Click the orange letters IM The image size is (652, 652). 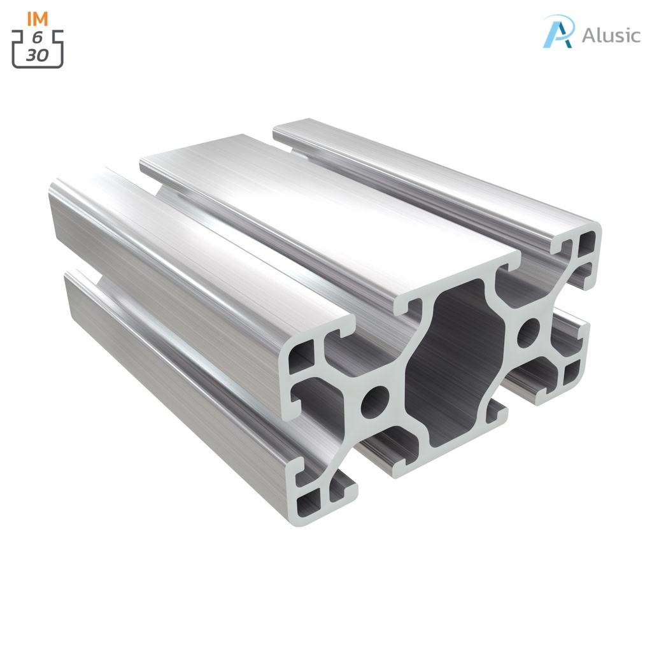click(x=38, y=18)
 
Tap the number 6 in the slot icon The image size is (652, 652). click(x=38, y=37)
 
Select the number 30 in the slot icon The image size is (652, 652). click(x=38, y=55)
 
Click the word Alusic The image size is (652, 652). click(x=610, y=35)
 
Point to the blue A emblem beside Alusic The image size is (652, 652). click(x=558, y=32)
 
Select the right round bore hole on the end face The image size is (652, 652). click(x=528, y=333)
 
